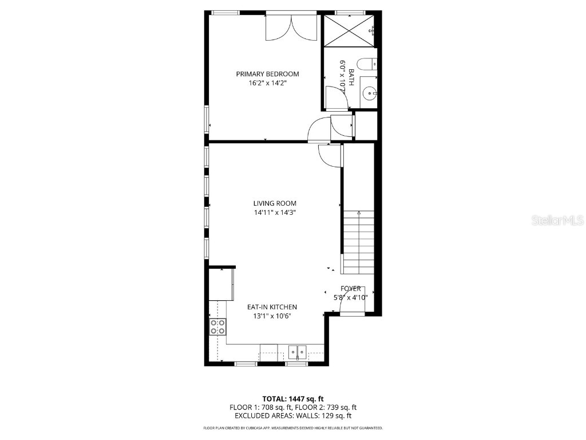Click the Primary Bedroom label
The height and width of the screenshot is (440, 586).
tap(267, 74)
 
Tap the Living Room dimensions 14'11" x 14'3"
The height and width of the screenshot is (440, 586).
tap(275, 213)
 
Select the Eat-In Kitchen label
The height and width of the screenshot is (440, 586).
tap(272, 307)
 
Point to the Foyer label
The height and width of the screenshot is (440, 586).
tap(350, 289)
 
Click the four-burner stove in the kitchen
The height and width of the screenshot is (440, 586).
tap(217, 327)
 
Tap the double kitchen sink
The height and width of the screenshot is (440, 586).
tap(297, 351)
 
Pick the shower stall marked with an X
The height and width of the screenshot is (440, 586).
tap(349, 30)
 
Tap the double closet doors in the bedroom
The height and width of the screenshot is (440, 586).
tap(292, 27)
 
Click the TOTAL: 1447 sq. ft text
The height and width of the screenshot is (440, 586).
tap(293, 398)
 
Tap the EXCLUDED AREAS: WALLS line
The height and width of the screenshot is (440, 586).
tap(293, 416)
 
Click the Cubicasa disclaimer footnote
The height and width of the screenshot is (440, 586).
tap(293, 428)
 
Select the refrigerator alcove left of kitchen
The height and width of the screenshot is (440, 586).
tap(221, 284)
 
